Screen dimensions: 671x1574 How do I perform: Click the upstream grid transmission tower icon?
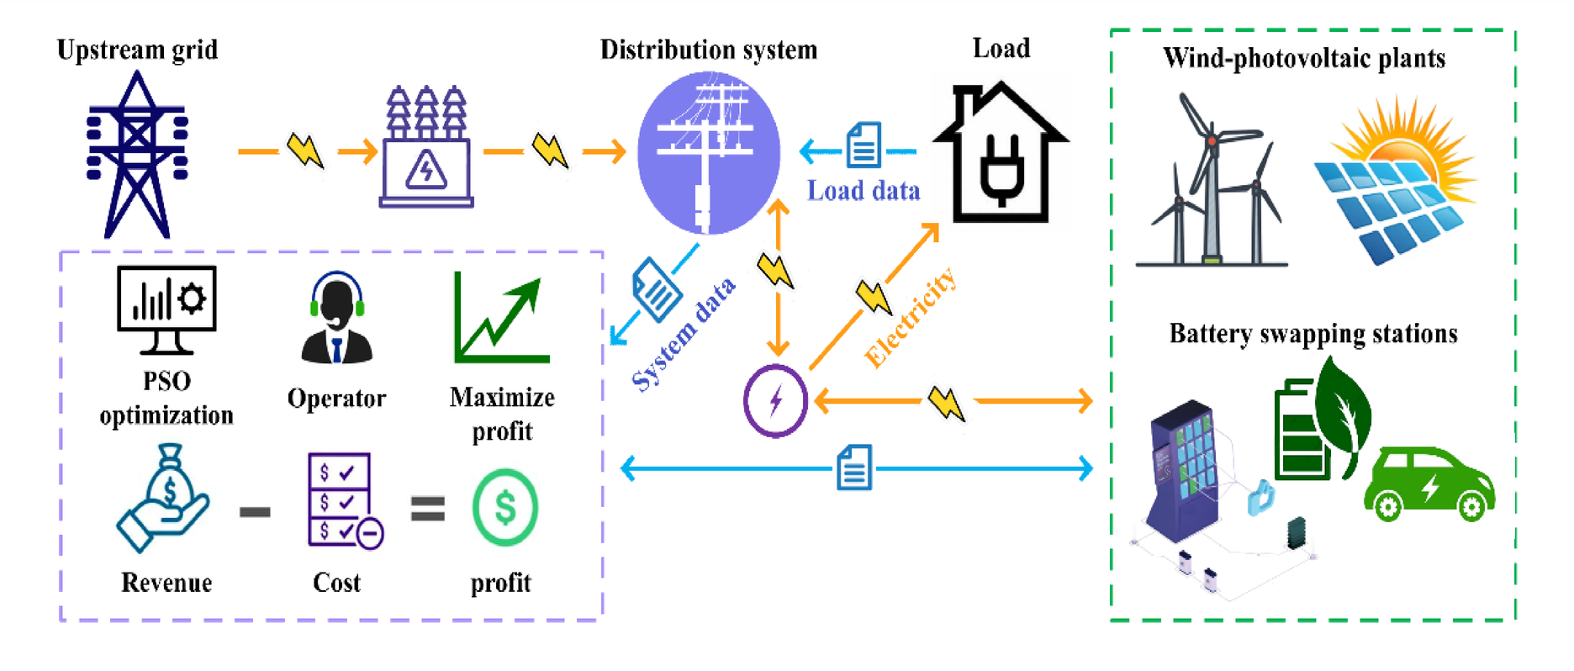click(x=137, y=156)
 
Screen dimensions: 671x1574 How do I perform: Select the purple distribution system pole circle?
click(x=708, y=152)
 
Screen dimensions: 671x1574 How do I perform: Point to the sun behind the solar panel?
click(x=1400, y=143)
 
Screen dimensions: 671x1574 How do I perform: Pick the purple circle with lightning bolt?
click(x=775, y=401)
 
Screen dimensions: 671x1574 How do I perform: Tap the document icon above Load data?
click(x=864, y=145)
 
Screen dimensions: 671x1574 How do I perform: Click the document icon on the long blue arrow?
click(x=854, y=468)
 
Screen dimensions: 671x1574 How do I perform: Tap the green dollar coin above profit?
click(x=504, y=508)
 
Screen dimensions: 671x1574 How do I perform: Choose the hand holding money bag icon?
click(x=163, y=499)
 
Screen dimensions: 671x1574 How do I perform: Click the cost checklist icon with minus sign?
click(x=344, y=501)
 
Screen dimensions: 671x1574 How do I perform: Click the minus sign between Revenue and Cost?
click(x=255, y=510)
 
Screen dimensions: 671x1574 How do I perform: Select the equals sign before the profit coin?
click(x=427, y=509)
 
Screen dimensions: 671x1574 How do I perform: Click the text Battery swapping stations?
click(x=1313, y=334)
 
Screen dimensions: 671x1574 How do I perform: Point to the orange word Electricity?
click(x=911, y=319)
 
